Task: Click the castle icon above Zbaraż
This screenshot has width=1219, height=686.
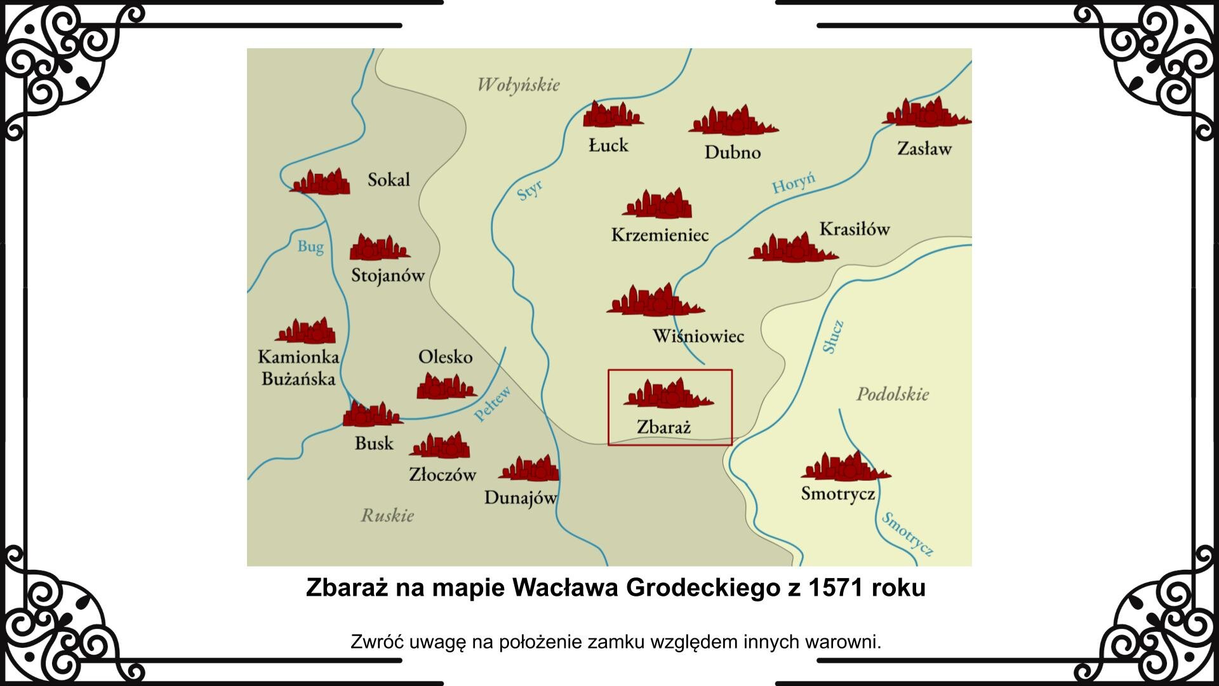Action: pos(668,394)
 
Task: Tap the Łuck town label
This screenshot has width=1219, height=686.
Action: pos(608,145)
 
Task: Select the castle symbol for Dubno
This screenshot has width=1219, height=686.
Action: pos(733,121)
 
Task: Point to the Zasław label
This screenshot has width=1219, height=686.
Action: pos(924,149)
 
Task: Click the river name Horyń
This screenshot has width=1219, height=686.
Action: pos(794,183)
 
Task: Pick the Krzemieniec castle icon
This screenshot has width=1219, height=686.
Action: pos(658,205)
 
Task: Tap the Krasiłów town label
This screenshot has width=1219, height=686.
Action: pos(854,229)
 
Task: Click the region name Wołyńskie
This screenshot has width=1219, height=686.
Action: pos(518,85)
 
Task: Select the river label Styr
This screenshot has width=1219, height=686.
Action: pos(530,190)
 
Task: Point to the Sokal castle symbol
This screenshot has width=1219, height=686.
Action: pos(321,182)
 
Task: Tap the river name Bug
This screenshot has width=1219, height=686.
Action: pos(310,246)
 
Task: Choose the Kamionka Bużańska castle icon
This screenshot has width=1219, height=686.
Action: pos(306,332)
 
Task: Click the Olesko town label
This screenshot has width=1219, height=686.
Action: pos(445,357)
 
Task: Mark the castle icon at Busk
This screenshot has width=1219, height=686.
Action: pos(372,415)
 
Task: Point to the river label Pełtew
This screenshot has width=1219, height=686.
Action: pos(493,404)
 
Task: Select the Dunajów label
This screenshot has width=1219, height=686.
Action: pos(520,498)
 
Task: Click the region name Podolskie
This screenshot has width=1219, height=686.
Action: pos(893,394)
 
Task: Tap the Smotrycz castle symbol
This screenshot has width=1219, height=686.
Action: pos(845,467)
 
